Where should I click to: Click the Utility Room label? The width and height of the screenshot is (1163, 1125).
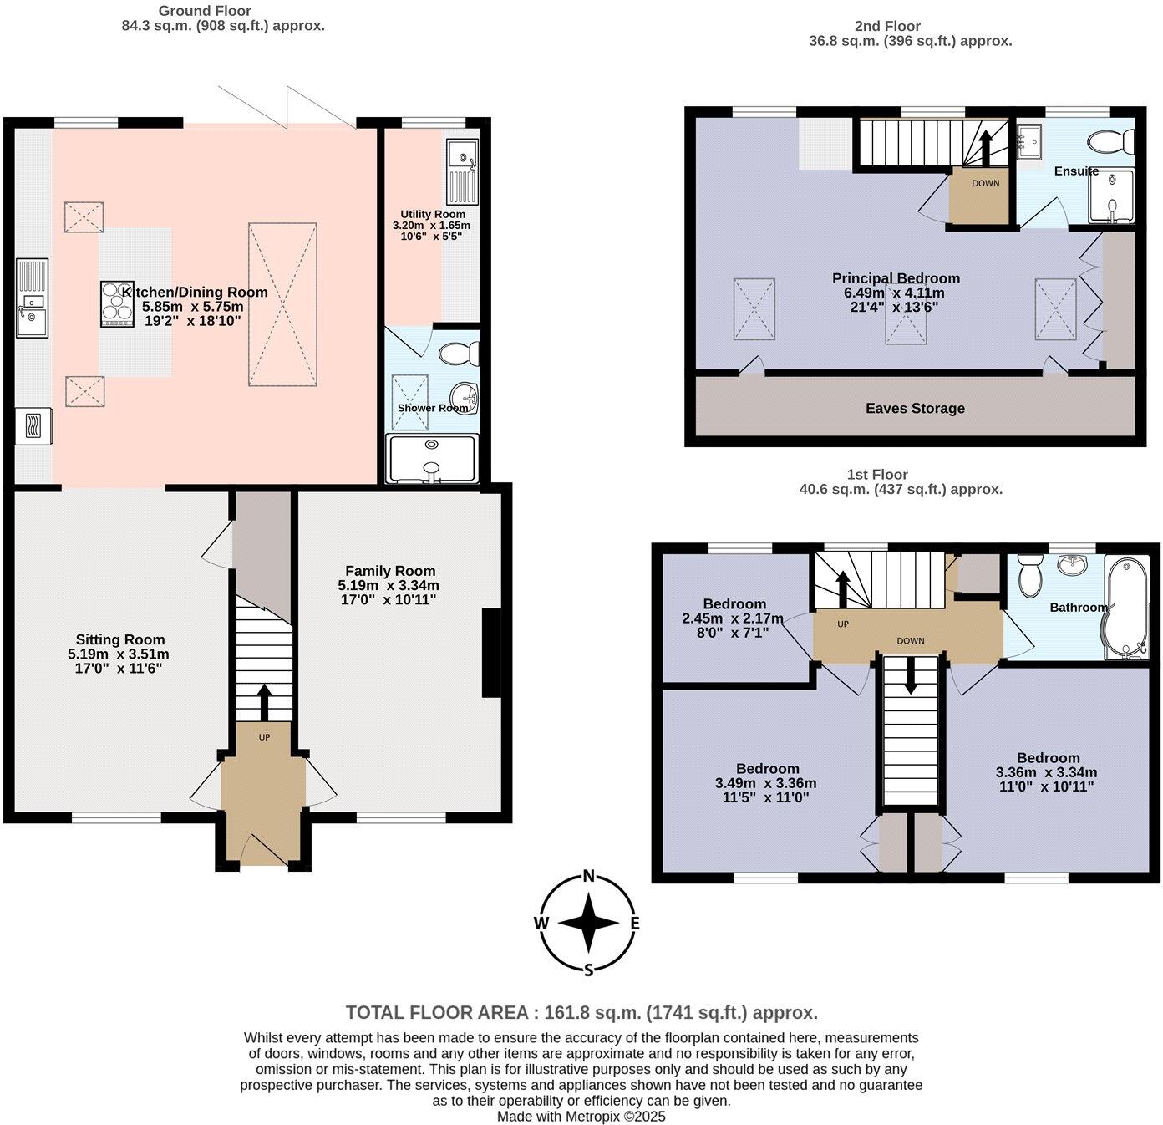[432, 215]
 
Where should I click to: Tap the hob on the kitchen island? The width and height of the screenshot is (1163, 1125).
[117, 304]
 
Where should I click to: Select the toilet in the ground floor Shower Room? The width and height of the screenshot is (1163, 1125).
[459, 354]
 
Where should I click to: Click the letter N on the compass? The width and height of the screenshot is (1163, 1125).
[589, 877]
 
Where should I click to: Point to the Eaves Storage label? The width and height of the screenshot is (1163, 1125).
[915, 408]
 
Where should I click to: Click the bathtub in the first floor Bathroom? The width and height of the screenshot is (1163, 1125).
[1127, 608]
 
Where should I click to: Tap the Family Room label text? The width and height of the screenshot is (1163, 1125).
[390, 571]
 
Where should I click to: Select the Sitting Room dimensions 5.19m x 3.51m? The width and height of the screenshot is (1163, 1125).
[119, 654]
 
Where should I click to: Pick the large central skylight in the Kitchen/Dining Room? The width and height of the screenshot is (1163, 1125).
[282, 304]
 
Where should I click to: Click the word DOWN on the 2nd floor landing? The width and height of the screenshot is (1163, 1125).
[985, 184]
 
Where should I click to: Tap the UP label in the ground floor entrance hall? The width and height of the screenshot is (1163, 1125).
[264, 737]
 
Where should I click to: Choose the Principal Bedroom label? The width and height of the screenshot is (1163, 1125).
[896, 278]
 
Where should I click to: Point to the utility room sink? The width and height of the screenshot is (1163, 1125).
[462, 156]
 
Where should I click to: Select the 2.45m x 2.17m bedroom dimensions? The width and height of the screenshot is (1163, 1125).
[733, 618]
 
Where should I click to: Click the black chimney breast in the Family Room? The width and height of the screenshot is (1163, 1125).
[492, 653]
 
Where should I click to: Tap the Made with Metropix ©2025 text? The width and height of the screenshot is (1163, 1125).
[581, 1116]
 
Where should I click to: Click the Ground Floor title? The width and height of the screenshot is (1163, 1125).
[205, 11]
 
